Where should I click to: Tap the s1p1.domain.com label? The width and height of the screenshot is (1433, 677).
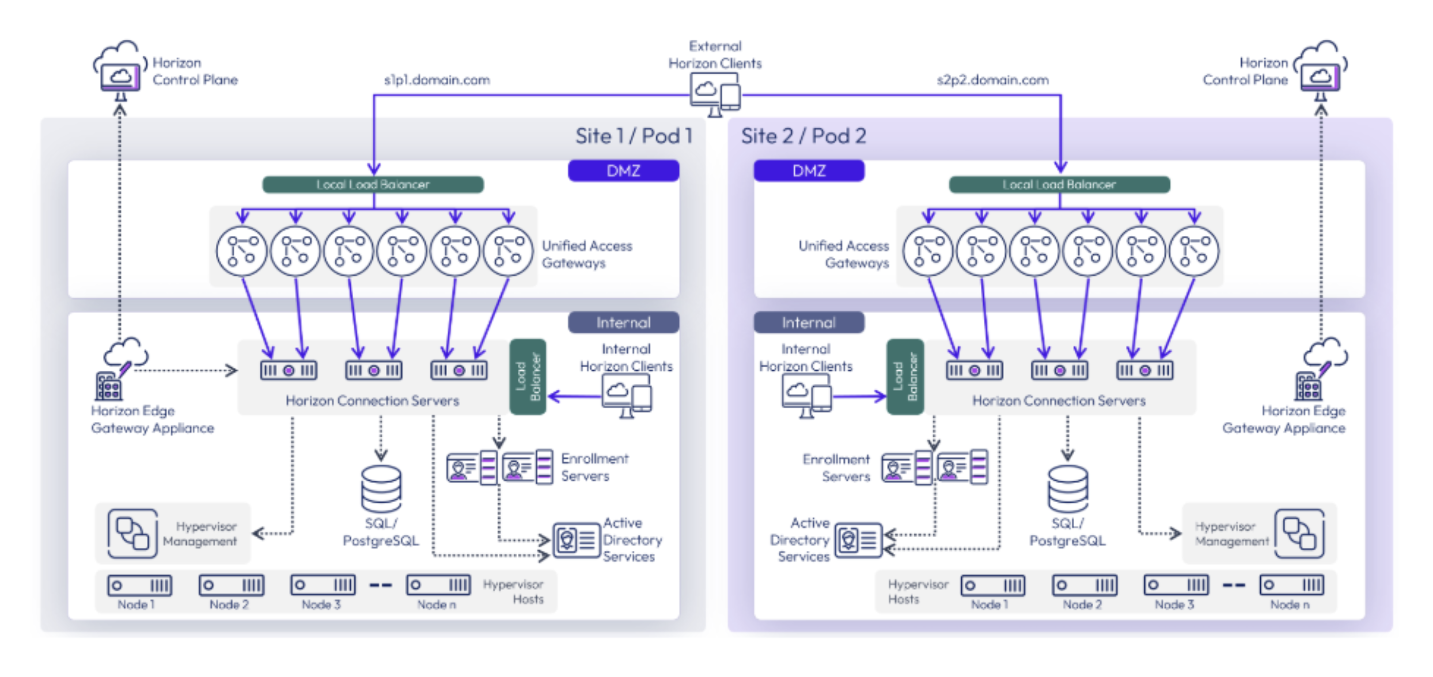tap(437, 80)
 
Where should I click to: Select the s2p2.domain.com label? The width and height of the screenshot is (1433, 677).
tap(992, 80)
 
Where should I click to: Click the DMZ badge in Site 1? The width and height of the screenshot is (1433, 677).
tap(623, 171)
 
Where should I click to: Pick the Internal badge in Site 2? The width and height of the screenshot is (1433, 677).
tap(809, 322)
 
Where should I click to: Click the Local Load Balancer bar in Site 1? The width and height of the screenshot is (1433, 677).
tap(373, 184)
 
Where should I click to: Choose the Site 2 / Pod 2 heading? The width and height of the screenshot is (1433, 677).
tap(803, 136)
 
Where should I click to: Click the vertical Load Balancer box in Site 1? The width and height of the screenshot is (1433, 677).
tap(528, 376)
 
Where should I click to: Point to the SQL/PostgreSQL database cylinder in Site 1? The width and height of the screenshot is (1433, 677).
tap(381, 489)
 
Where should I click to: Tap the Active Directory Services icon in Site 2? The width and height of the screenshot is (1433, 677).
tap(858, 540)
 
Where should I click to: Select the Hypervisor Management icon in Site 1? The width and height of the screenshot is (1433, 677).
tap(132, 533)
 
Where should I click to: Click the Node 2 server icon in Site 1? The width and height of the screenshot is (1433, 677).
tap(232, 585)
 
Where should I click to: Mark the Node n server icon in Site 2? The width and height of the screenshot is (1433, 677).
tap(1291, 585)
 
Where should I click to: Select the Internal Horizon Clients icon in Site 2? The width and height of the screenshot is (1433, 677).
tap(806, 395)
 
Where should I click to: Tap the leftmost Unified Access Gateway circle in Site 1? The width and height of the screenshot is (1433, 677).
tap(241, 252)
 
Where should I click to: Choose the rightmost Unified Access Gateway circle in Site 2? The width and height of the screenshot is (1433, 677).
tap(1194, 252)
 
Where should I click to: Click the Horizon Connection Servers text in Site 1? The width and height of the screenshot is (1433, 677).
tap(372, 401)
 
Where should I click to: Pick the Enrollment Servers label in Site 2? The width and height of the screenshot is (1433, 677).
tap(836, 467)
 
